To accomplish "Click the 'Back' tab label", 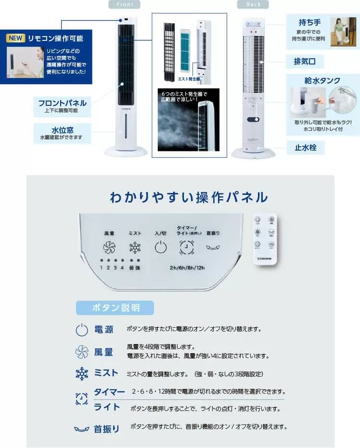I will (253, 4).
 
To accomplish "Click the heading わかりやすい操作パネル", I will (189, 197).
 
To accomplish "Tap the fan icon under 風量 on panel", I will (109, 248).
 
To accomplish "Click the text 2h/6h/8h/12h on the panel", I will (187, 268).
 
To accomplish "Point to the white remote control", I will (265, 239).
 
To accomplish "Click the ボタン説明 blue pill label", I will (115, 308).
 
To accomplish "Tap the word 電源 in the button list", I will (103, 330).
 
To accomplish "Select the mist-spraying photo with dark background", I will (188, 119).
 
